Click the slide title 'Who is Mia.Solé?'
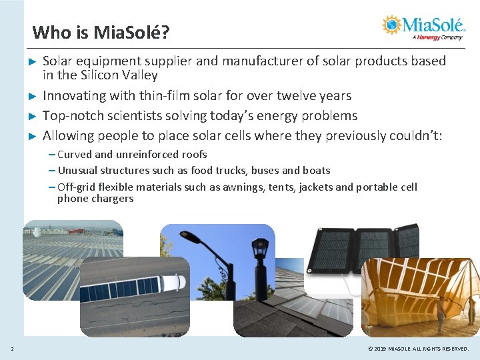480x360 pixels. pyautogui.click(x=101, y=32)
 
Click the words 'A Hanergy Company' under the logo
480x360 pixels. pyautogui.click(x=437, y=37)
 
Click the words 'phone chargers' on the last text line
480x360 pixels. pyautogui.click(x=95, y=199)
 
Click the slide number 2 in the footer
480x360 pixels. pyautogui.click(x=12, y=349)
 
